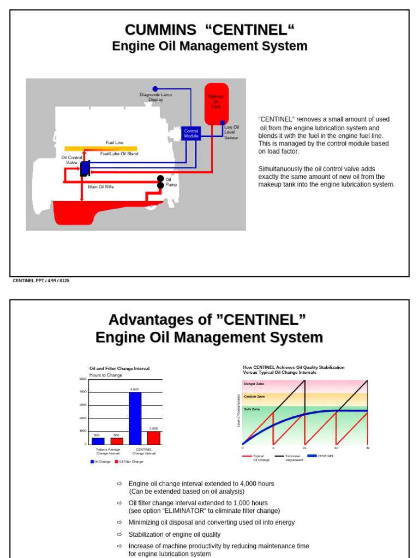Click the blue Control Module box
point(191,134)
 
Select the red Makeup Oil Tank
point(217,104)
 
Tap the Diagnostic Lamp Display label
point(155,97)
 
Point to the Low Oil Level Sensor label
point(232,132)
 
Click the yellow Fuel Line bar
point(101,148)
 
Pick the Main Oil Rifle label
point(101,186)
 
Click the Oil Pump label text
point(171,182)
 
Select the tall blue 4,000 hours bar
point(135,418)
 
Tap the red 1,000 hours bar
point(154,438)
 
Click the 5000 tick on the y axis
point(83,379)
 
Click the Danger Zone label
point(254,384)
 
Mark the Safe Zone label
point(252,409)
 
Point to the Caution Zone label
point(254,396)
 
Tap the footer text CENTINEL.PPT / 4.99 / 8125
point(41,281)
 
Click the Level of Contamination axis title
point(238,410)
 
